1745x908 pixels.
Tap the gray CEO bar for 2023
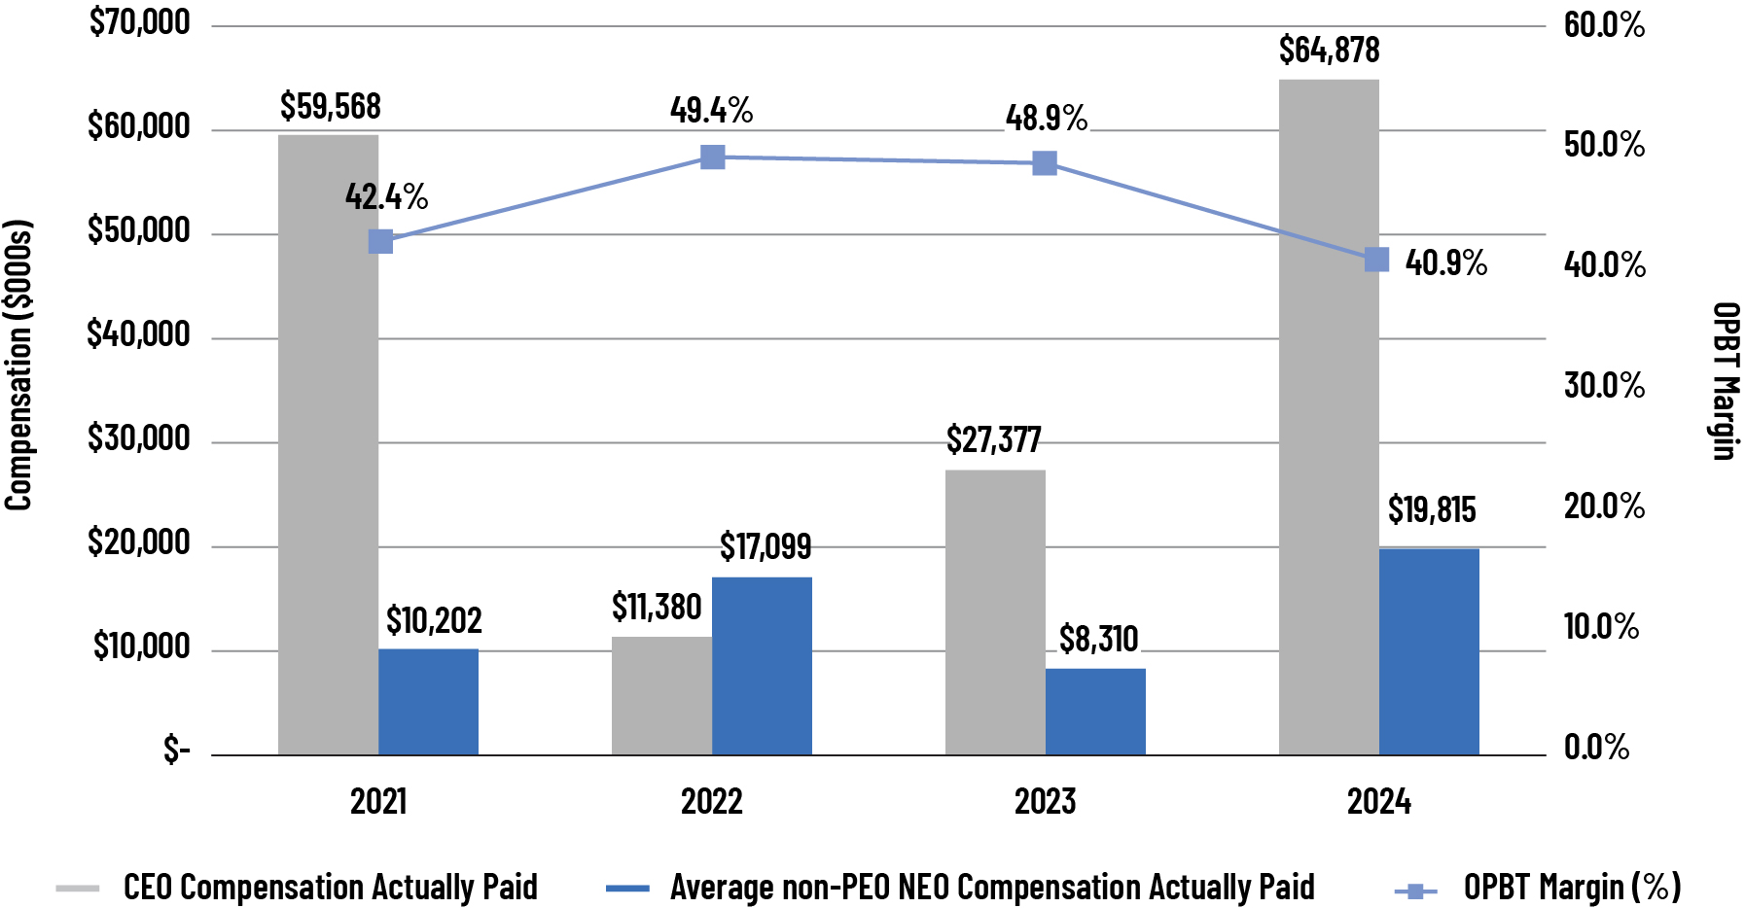click(995, 612)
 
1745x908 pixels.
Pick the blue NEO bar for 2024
click(1429, 651)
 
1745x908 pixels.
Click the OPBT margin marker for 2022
click(713, 157)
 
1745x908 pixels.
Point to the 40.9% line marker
click(1376, 260)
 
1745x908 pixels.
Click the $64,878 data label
click(1329, 50)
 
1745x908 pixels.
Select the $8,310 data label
click(1098, 639)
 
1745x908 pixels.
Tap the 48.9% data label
click(1046, 119)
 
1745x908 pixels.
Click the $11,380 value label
click(657, 608)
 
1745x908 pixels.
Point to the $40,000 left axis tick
click(138, 334)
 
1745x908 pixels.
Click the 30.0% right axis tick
click(1604, 386)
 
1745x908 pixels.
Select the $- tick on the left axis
click(176, 750)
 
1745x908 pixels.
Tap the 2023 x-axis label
click(1045, 802)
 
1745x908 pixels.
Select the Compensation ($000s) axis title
click(18, 365)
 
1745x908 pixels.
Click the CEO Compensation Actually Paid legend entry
click(330, 887)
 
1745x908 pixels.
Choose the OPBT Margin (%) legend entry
click(1571, 887)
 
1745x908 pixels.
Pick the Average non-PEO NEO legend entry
click(991, 887)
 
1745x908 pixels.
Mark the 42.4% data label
click(386, 197)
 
